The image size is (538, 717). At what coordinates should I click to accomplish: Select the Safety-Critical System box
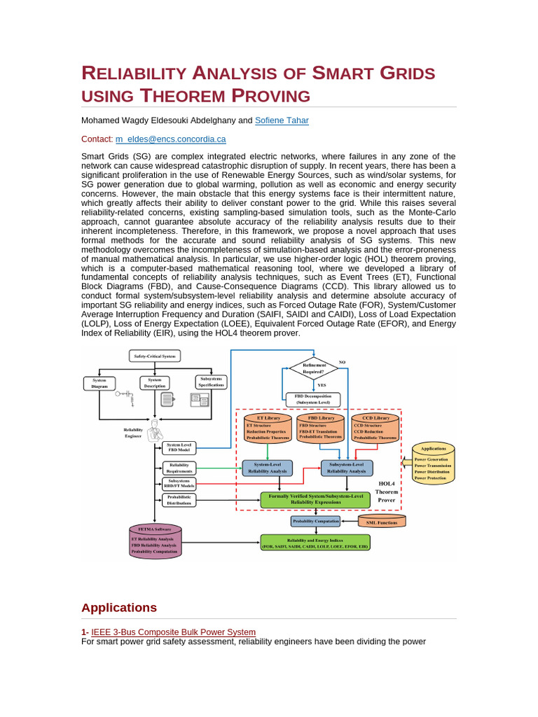point(155,356)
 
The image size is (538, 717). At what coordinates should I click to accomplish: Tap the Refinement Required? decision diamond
point(314,366)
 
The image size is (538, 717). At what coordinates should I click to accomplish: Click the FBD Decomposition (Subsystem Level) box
point(313,399)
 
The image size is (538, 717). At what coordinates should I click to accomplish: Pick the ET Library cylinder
point(268,428)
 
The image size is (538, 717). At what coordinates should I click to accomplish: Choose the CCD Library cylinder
point(375,428)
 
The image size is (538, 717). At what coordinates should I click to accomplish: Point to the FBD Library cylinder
point(322,428)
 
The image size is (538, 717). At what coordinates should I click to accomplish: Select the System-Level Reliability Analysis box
point(267,468)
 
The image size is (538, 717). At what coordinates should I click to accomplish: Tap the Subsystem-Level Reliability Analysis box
point(347,468)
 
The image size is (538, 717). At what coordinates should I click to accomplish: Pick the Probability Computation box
point(315,521)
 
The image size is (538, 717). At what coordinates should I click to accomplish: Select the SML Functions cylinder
point(381,522)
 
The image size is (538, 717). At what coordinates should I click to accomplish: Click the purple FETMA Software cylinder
point(154,540)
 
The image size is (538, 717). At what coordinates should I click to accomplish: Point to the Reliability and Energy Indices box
point(315,543)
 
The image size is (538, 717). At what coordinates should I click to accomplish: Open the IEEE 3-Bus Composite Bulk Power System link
point(174,632)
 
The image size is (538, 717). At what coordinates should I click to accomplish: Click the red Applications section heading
point(119,607)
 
